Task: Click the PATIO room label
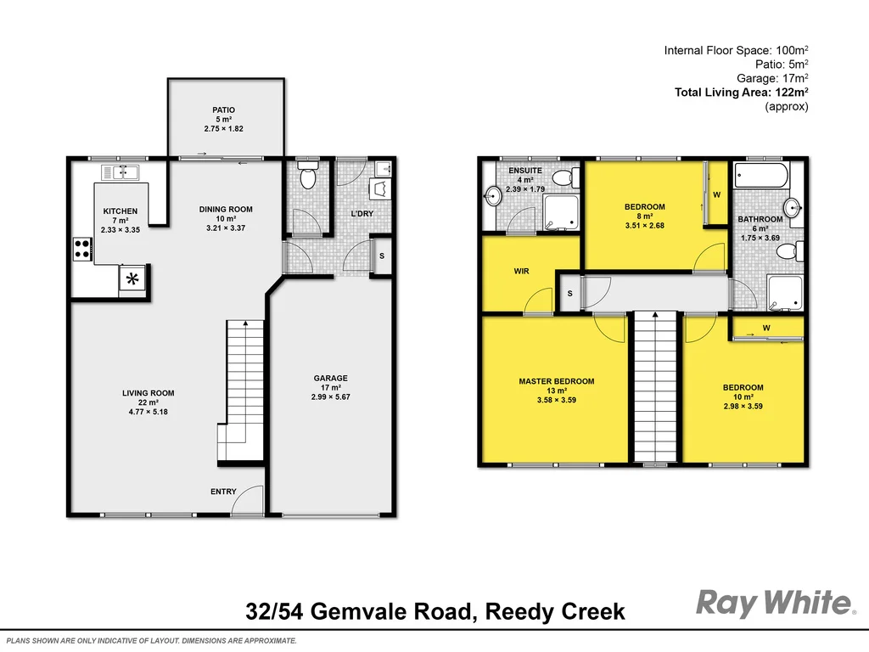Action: coord(224,110)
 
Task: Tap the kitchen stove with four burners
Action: coord(83,250)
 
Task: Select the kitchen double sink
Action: coord(121,173)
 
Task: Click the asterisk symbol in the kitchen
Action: coord(132,278)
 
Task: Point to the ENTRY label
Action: coord(224,492)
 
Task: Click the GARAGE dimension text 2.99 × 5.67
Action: coord(330,397)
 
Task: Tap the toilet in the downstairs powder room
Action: coord(307,177)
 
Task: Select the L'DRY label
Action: coord(362,213)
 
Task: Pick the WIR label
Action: coord(521,272)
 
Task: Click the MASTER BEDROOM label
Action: coord(557,381)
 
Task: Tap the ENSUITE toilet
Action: coord(563,177)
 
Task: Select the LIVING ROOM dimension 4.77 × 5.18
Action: coord(148,412)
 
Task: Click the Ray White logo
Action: coord(775,604)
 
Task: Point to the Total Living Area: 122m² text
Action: coord(741,93)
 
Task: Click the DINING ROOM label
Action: coord(226,209)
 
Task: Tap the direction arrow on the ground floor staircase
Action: coord(245,323)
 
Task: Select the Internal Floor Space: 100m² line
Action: coord(736,51)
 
